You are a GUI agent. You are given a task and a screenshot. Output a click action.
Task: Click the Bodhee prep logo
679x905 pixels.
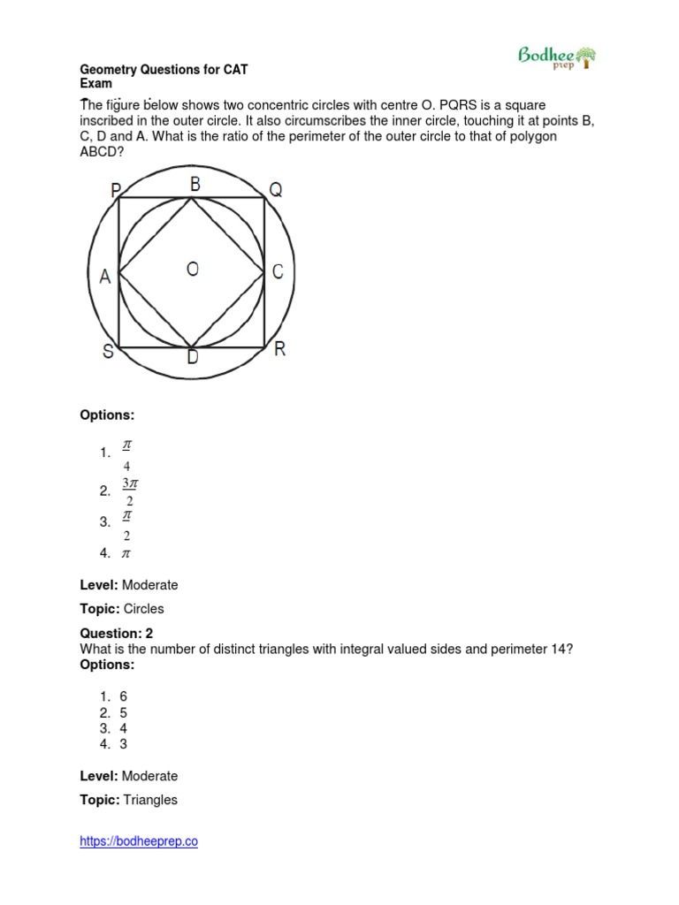(x=556, y=58)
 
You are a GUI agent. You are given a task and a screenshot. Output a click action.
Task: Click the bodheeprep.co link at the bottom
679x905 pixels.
(x=139, y=841)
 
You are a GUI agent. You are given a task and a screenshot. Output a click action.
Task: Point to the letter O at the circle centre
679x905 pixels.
(x=192, y=270)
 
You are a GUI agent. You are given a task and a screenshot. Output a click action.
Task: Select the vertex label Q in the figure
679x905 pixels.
(x=275, y=189)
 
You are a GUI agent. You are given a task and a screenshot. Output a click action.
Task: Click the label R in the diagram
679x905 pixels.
(x=279, y=349)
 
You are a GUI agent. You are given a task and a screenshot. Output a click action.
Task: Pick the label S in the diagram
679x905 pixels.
(x=108, y=352)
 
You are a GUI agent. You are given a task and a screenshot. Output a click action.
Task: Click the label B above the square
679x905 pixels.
(x=195, y=184)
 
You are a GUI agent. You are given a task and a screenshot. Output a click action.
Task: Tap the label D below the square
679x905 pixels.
(x=193, y=358)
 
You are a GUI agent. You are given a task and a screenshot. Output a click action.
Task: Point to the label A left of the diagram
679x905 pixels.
(x=105, y=277)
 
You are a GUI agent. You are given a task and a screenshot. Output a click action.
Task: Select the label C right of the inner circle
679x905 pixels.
(x=278, y=272)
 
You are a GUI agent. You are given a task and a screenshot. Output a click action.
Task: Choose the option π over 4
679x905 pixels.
(x=126, y=452)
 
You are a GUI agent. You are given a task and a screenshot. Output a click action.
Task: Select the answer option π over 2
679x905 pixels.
(x=126, y=521)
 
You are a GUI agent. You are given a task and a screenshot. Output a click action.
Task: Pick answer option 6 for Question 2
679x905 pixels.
(x=124, y=696)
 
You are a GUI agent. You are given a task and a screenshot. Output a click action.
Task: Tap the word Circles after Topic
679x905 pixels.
(x=143, y=609)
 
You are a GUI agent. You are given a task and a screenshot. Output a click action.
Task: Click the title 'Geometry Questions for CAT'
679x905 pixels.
(x=169, y=69)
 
